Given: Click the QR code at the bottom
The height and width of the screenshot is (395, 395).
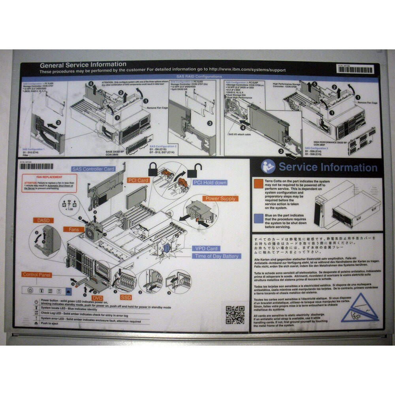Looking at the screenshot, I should pos(235,314).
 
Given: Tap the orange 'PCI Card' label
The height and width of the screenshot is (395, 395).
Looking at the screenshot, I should pos(138,181).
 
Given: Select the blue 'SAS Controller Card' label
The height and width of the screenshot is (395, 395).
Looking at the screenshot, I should pos(93,169).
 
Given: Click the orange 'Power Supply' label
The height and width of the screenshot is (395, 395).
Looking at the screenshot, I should pos(220,198).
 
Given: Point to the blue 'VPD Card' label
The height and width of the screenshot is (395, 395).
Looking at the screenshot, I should pos(206,248).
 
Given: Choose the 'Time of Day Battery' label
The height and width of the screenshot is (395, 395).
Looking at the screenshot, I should pos(216,256).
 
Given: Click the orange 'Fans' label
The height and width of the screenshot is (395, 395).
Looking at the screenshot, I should pos(74,229).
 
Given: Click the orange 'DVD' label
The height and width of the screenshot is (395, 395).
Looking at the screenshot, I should pos(97,297).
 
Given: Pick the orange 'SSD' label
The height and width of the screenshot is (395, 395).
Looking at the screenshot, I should pos(126,297).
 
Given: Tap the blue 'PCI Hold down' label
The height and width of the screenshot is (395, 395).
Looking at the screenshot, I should pos(210,182).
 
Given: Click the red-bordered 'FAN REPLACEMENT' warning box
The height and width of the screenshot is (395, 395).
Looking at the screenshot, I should pos(49,183).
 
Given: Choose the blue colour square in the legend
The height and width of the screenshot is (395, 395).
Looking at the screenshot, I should pos(259,217).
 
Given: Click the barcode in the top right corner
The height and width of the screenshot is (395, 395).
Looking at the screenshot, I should pos(355,70).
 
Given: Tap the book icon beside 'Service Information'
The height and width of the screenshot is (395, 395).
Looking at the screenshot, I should pos(269,166).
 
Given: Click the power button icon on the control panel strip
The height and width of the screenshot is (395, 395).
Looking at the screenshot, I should pos(30,290).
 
